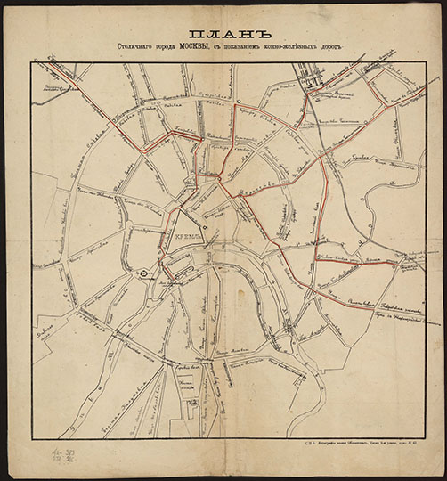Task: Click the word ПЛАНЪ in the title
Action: [x=223, y=29]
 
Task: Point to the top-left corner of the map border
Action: [x=34, y=63]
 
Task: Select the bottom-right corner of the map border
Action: [x=417, y=436]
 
